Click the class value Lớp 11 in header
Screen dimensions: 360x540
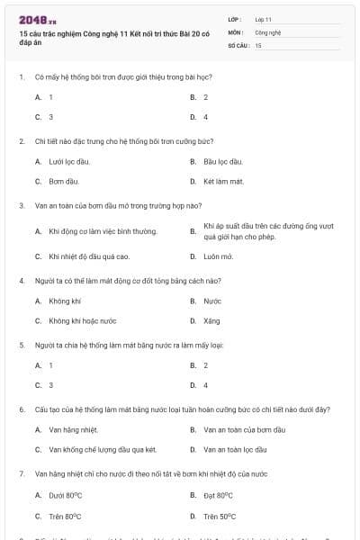click(263, 18)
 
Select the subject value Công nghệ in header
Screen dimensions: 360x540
click(267, 31)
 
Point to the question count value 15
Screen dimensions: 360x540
click(258, 44)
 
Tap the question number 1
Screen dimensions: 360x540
click(21, 76)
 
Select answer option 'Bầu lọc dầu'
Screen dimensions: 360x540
click(223, 161)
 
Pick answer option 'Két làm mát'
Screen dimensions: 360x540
click(223, 181)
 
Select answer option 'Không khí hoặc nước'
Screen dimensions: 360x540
click(83, 320)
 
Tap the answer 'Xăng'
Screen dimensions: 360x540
click(211, 320)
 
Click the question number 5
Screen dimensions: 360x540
click(21, 345)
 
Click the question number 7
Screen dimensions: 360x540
click(21, 472)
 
